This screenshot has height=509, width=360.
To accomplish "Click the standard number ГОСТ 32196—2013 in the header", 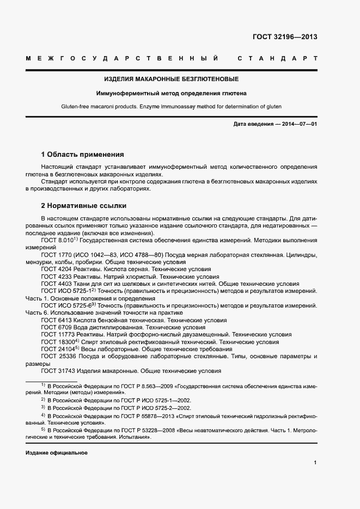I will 285,38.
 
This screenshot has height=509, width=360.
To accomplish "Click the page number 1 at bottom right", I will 315,463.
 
